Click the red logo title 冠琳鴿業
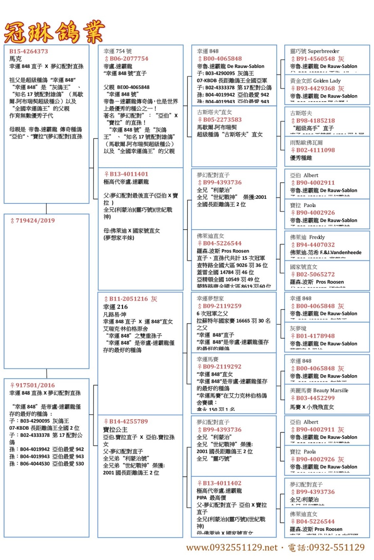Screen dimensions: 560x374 click(54, 32)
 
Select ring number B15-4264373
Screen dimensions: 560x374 click(29, 52)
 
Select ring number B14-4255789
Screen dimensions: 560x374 click(128, 421)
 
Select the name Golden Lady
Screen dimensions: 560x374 click(327, 81)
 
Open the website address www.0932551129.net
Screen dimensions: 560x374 click(231, 548)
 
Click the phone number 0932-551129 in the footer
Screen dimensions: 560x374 click(336, 548)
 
